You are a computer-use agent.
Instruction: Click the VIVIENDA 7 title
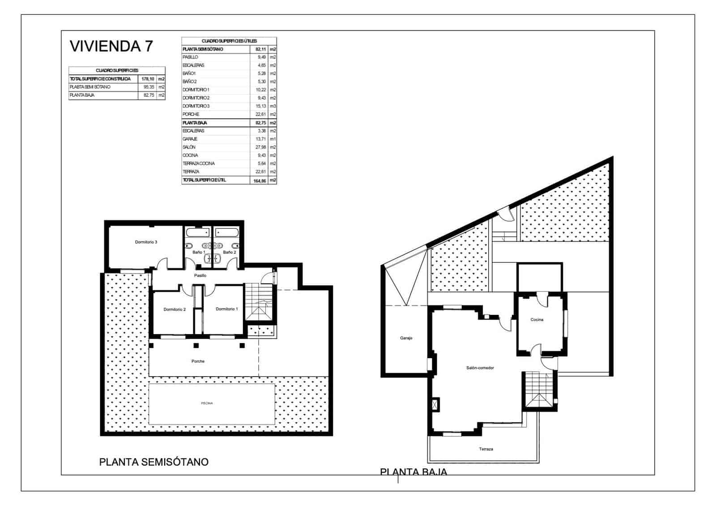tap(111, 46)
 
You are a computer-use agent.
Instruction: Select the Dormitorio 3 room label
tap(146, 242)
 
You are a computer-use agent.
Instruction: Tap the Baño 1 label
tap(199, 253)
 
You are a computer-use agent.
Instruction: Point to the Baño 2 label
tap(229, 253)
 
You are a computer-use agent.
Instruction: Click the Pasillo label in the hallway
tap(200, 276)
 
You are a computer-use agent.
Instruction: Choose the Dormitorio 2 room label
tap(175, 309)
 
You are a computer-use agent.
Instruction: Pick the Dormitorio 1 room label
tap(227, 309)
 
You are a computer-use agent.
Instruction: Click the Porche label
tap(198, 361)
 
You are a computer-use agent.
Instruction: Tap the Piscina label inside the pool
tap(207, 403)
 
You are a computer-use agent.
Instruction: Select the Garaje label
tap(406, 338)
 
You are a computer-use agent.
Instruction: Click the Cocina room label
tap(537, 320)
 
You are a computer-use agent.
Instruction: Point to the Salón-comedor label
tap(480, 368)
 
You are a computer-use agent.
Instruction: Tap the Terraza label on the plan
tap(486, 449)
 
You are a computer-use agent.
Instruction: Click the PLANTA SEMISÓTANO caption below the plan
tap(153, 462)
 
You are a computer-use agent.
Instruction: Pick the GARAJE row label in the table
tap(190, 139)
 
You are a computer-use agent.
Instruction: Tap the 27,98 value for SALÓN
tap(260, 147)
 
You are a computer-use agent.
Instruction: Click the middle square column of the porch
tap(196, 345)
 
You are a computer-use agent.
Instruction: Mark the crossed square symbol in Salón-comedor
tap(435, 405)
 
